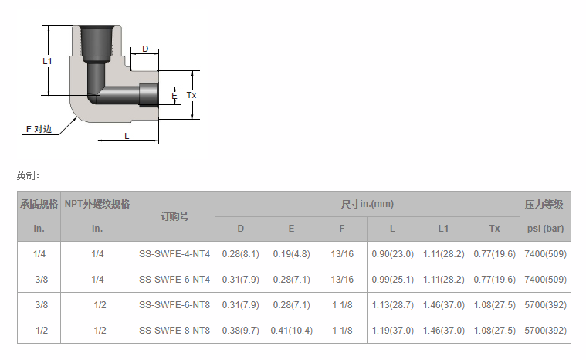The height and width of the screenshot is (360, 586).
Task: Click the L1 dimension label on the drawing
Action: pos(47,61)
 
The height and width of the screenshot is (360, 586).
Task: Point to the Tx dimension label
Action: pos(191,95)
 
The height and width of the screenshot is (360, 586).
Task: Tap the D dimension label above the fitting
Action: pos(145,49)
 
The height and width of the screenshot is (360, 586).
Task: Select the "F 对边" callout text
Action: pos(39,129)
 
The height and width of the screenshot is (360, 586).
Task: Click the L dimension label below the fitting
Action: pos(127,136)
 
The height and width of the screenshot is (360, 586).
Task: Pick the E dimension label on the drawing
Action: pos(174,96)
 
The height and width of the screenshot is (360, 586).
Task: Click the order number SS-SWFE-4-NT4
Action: pos(174,254)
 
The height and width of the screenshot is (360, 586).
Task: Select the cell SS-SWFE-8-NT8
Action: pos(174,331)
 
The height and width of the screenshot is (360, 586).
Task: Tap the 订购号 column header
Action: pos(174,216)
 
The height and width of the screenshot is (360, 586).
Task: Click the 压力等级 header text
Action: pos(544,204)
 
